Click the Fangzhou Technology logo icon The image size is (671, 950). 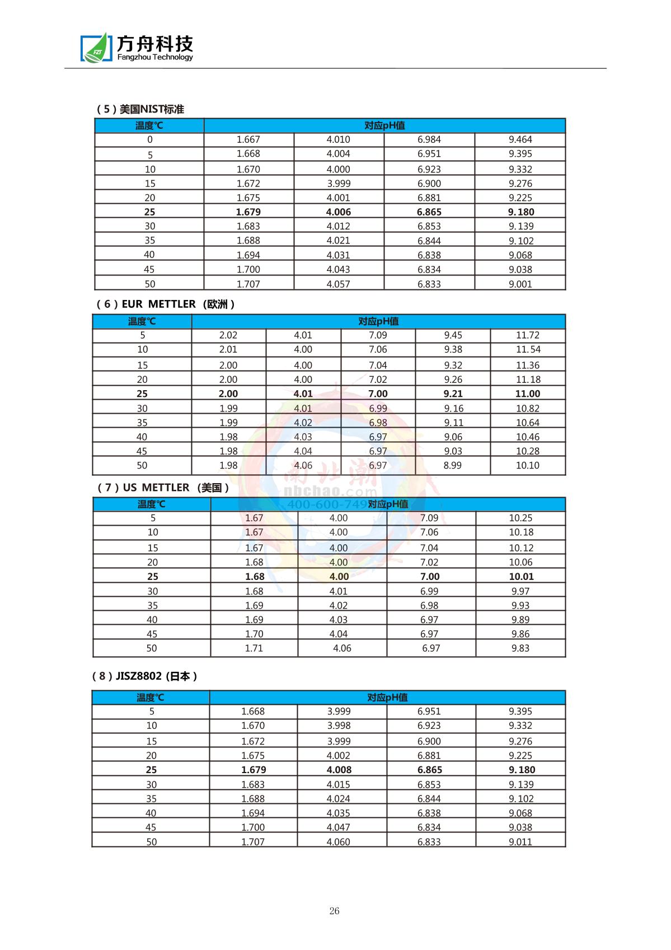(x=96, y=48)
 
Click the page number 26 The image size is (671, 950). (x=334, y=911)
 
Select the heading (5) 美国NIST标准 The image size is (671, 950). (x=140, y=109)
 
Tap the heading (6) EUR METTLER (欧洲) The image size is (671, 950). (x=165, y=304)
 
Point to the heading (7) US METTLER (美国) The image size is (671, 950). (x=163, y=488)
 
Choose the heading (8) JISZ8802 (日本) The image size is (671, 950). (x=144, y=676)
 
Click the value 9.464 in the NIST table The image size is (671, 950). (x=520, y=139)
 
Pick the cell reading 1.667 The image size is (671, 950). (x=248, y=139)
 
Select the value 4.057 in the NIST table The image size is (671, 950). (x=338, y=284)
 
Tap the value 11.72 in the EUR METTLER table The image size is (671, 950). (x=527, y=335)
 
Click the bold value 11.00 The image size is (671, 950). (x=527, y=394)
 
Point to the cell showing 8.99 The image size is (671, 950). (x=452, y=465)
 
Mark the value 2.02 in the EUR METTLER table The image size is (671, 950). (x=228, y=335)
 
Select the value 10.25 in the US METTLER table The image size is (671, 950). (x=520, y=518)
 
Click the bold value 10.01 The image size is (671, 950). (x=521, y=577)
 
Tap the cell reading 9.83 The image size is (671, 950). (x=520, y=648)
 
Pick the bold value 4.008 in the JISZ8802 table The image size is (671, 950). (x=339, y=770)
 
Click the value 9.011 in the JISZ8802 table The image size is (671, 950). (x=520, y=841)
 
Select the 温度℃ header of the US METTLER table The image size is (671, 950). (x=151, y=504)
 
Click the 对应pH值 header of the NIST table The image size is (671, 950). (x=384, y=125)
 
